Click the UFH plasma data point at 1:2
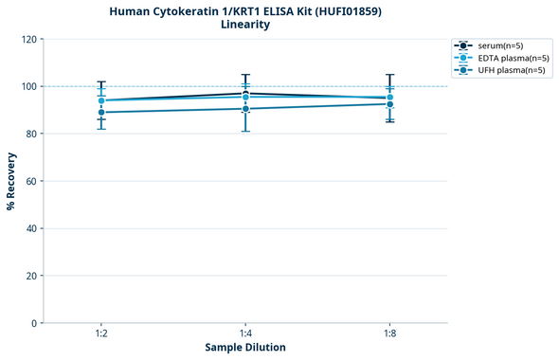pos(101,113)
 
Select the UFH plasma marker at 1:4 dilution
pos(245,109)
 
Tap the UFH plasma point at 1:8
pos(389,104)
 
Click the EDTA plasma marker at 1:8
pos(389,98)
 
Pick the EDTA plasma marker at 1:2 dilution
pos(101,100)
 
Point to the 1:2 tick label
pos(101,333)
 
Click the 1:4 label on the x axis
pos(245,333)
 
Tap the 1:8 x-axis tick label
pos(389,333)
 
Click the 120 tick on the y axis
pos(28,39)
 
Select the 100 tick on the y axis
pos(28,86)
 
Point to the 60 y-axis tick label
pos(31,181)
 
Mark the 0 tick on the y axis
pos(34,323)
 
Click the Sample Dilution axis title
pos(245,348)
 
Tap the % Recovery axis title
pos(11,181)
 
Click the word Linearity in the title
pos(245,25)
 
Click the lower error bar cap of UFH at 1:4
pos(245,131)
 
